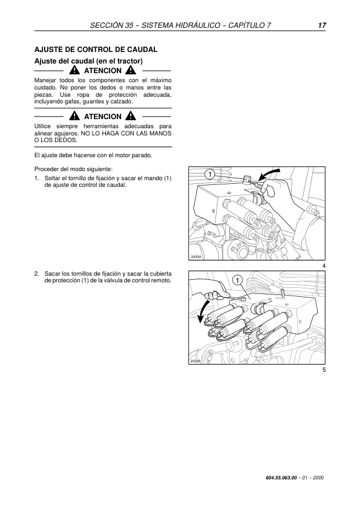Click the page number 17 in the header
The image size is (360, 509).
[x=322, y=25]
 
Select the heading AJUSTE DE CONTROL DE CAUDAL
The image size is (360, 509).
[x=96, y=50]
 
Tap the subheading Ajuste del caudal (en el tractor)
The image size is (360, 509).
[x=88, y=61]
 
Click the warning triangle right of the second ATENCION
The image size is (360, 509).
[x=131, y=116]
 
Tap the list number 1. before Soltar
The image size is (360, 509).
[x=37, y=178]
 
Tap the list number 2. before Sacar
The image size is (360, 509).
[x=37, y=273]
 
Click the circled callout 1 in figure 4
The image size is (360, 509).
[x=210, y=175]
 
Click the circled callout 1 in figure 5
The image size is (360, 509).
[x=238, y=280]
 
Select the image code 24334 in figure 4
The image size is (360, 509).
[x=196, y=256]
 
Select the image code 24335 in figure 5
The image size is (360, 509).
[x=196, y=361]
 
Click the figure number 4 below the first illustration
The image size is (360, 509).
[x=324, y=266]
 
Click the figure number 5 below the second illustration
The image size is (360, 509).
[x=324, y=370]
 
